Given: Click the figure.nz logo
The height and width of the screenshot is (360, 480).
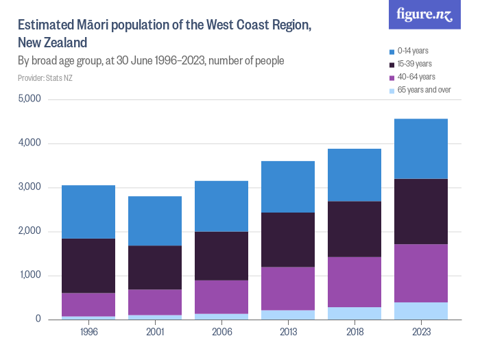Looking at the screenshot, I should click(425, 15).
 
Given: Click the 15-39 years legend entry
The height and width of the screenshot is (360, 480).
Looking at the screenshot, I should click(414, 64).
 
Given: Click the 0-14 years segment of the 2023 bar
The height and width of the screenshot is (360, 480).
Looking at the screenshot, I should click(421, 149).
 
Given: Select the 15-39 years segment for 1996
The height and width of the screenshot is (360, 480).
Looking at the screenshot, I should click(88, 265).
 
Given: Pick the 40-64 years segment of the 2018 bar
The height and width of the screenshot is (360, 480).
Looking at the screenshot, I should click(355, 282).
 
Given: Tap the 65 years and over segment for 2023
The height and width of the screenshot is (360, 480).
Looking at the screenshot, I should click(421, 311).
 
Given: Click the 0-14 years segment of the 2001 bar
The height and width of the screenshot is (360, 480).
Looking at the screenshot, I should click(155, 221).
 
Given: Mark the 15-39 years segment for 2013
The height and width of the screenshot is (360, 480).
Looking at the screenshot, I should click(288, 239).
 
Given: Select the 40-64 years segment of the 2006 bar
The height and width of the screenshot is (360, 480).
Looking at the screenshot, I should click(221, 297).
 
